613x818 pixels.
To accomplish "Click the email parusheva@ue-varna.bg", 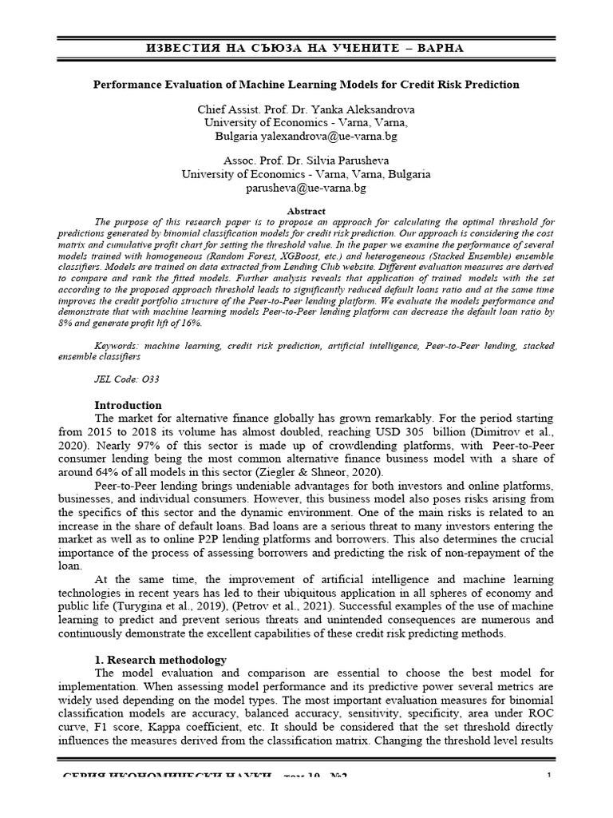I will (306, 188).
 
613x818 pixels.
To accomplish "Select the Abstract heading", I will (306, 211).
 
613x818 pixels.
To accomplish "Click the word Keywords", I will (117, 345).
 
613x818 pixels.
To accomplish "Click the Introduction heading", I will (128, 405).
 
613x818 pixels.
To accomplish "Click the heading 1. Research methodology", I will (160, 660).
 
